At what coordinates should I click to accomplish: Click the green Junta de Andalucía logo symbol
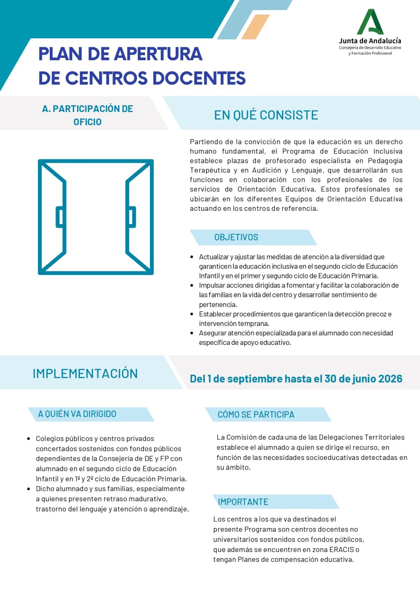pos(370,22)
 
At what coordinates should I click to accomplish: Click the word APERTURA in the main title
pos(158,54)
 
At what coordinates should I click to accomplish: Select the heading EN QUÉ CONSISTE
pos(266,115)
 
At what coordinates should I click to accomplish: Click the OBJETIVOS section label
pos(236,237)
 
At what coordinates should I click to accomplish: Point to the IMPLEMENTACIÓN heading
pos(85,373)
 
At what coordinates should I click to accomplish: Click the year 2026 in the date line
pos(390,379)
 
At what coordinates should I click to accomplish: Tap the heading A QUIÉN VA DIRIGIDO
pos(77,414)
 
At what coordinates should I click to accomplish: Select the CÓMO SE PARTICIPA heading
pos(255,415)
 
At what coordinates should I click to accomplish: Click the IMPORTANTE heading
pos(243,502)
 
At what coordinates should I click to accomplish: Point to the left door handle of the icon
pos(59,217)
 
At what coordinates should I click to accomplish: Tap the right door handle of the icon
pos(132,217)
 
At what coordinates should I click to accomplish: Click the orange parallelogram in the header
pos(255,27)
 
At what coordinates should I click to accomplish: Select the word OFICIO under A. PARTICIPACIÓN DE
pos(87,122)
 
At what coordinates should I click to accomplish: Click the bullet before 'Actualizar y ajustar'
pos(192,257)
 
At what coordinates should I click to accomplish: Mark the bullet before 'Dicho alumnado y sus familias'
pos(29,489)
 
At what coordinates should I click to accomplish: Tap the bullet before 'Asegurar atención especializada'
pos(192,333)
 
